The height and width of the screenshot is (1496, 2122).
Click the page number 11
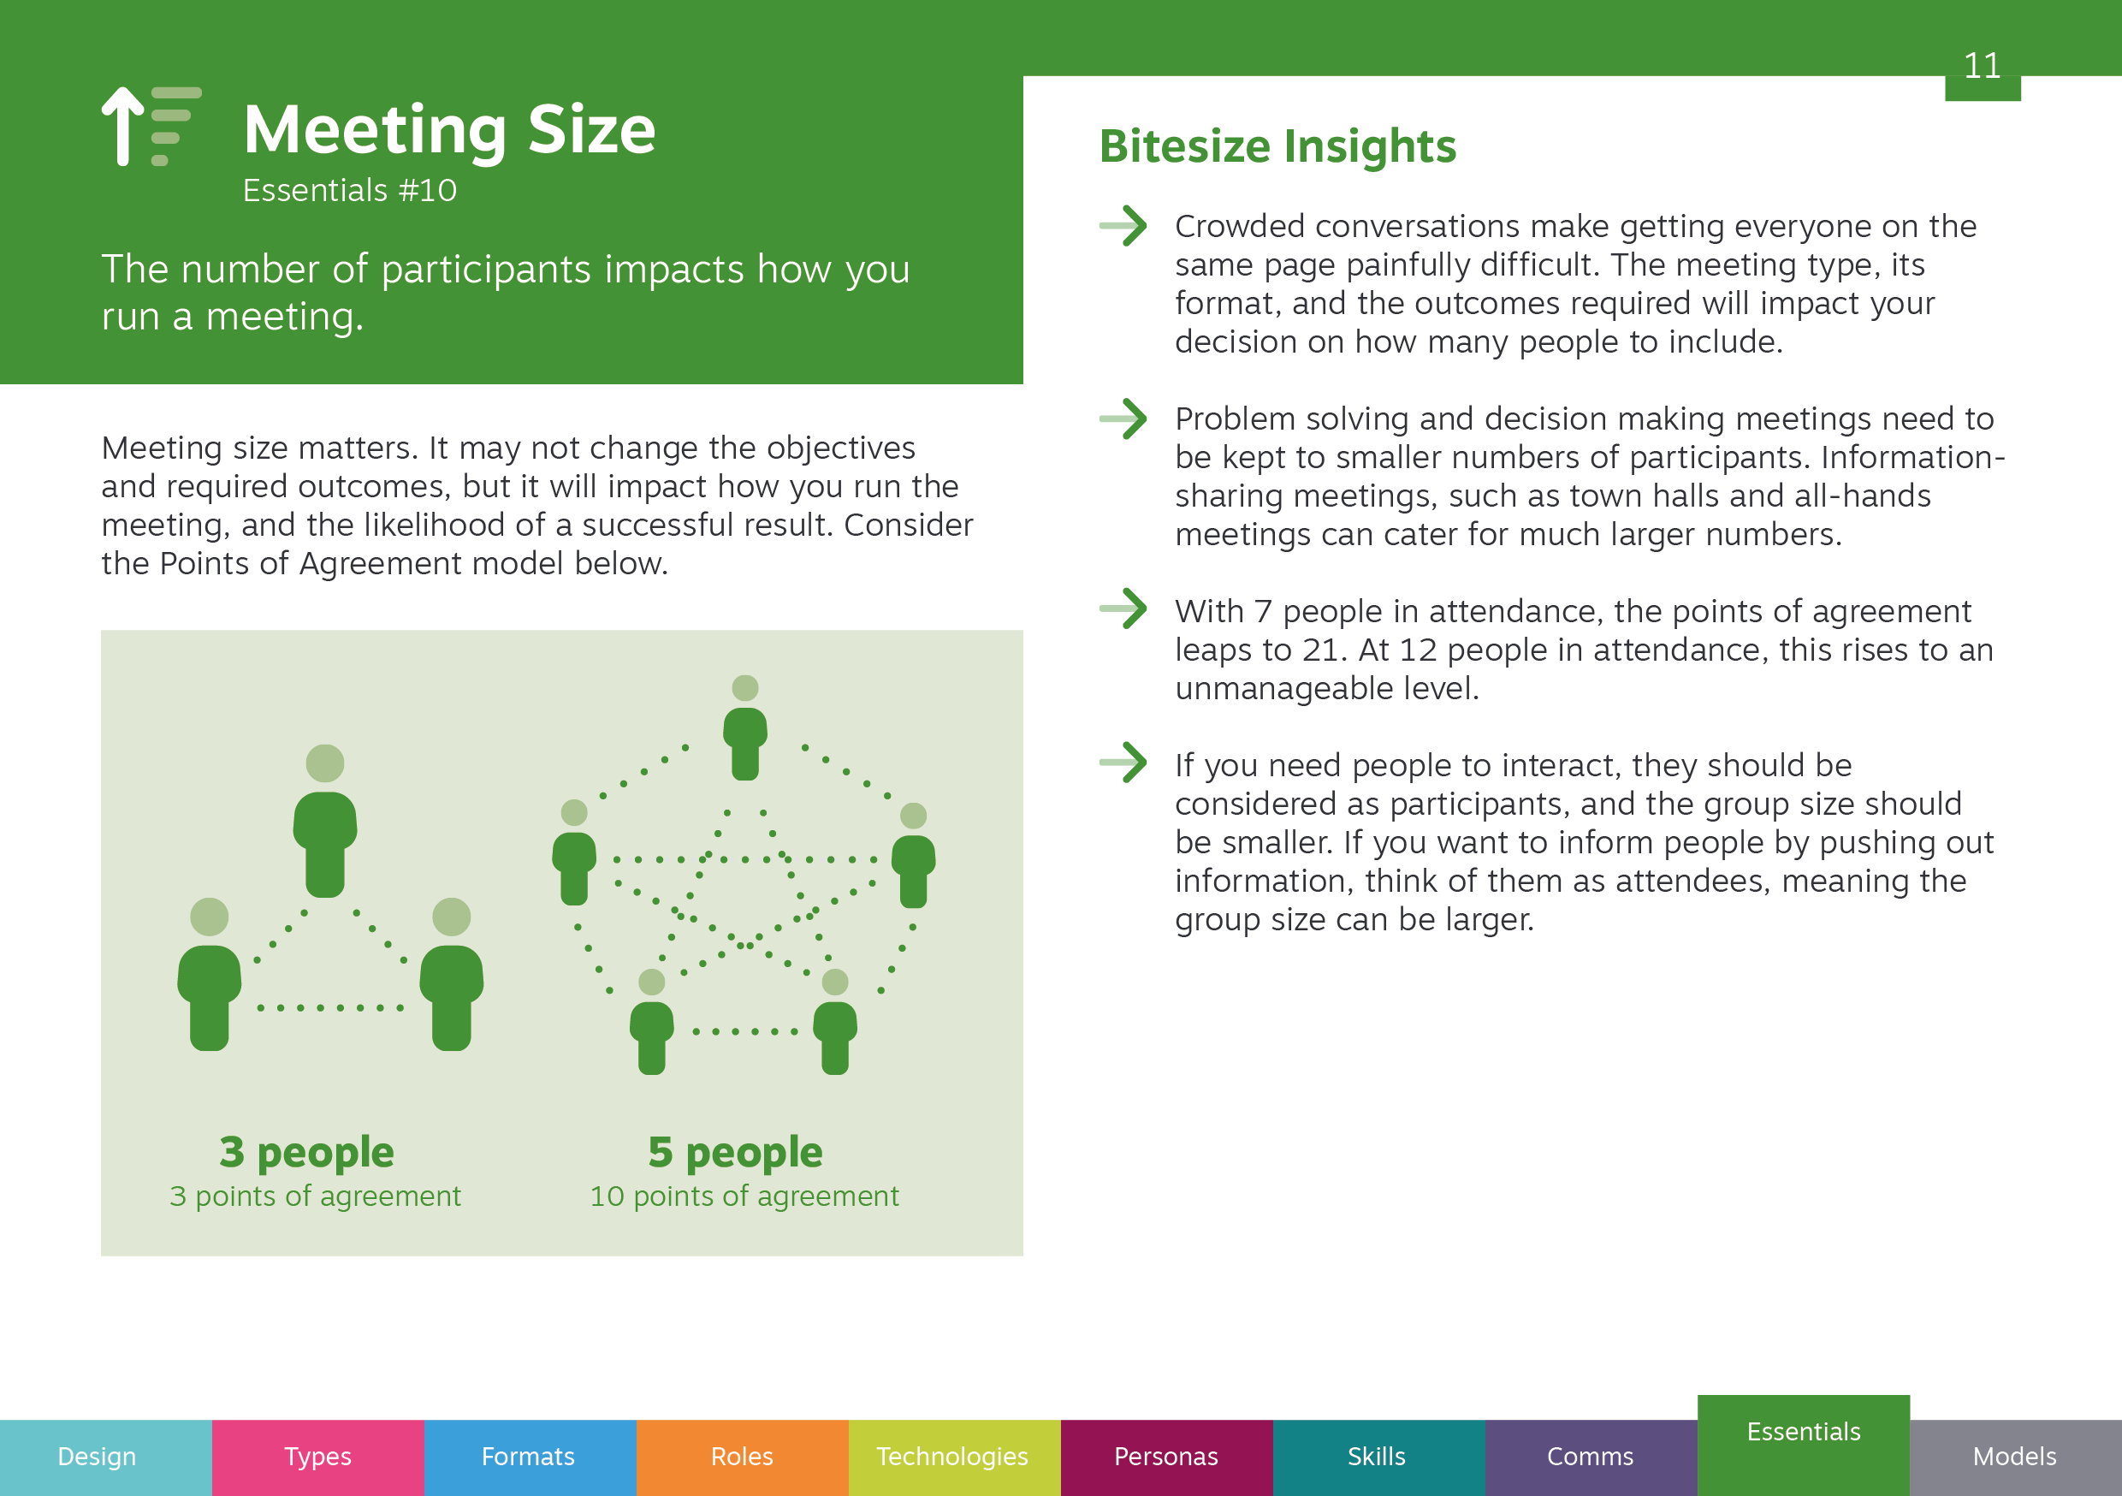(1982, 66)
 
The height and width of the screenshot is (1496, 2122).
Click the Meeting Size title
(449, 129)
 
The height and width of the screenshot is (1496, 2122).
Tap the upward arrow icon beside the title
(122, 126)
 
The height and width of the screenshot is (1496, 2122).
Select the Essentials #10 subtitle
(349, 191)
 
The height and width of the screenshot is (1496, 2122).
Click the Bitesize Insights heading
(1277, 146)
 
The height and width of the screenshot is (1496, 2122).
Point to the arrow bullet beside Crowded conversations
(1123, 226)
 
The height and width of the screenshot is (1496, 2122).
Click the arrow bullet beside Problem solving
(1123, 419)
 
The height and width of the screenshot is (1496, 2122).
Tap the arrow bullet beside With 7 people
(1123, 608)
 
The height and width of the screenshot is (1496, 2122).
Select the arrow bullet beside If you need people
(1123, 763)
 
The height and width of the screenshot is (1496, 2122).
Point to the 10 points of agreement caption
(744, 1196)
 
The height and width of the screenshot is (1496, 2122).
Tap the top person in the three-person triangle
(325, 821)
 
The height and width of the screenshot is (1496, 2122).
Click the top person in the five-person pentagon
(745, 728)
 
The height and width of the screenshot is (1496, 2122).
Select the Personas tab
(1167, 1458)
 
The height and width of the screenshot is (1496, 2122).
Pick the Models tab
(2016, 1458)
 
